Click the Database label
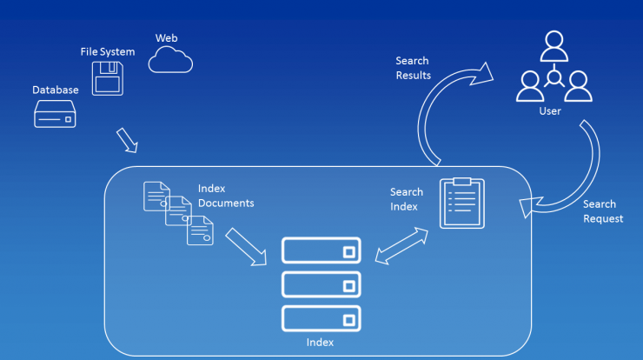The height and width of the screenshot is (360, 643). (56, 90)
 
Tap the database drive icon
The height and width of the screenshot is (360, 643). (55, 114)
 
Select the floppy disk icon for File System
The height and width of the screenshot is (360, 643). (108, 78)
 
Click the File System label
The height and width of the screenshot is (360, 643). (108, 51)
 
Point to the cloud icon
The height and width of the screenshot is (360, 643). (170, 60)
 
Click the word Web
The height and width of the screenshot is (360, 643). (167, 38)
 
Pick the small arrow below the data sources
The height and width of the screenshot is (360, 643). (127, 140)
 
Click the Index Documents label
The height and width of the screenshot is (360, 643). (226, 196)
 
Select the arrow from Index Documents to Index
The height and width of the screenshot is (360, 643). (246, 247)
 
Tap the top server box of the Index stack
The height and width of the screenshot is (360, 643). (321, 250)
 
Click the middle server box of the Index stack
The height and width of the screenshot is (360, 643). (321, 284)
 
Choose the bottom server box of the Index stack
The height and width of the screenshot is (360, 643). (321, 318)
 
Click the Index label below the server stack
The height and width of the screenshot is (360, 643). (320, 343)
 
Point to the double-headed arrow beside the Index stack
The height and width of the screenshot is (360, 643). (401, 246)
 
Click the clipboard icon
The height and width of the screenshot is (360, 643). (462, 203)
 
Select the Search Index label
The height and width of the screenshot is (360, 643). (407, 199)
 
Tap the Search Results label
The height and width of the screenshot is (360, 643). (414, 68)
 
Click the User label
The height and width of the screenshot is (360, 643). (550, 111)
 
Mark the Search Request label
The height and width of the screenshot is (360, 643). (603, 211)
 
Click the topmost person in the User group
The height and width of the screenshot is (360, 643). (554, 46)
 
